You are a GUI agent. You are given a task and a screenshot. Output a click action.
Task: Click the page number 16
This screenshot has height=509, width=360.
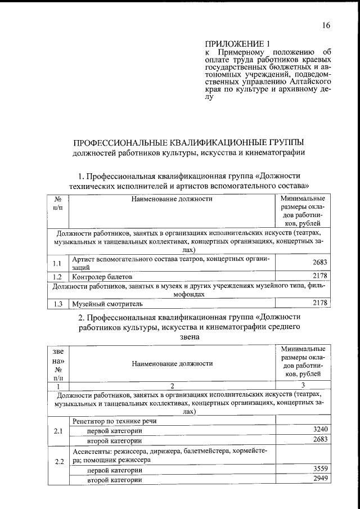[x=326, y=25]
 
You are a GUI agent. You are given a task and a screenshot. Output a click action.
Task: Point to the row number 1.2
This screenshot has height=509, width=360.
[x=57, y=277]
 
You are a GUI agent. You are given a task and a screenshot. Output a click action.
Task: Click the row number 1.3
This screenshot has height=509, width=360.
[x=57, y=304]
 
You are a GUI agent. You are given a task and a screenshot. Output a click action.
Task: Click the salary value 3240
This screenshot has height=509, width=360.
[x=319, y=430]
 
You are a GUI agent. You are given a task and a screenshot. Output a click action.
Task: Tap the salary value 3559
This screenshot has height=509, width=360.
[x=319, y=469]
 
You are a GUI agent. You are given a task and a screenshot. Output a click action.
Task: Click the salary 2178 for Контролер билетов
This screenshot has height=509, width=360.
[x=319, y=276]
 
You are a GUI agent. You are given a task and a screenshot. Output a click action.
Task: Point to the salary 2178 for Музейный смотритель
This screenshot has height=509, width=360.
[x=319, y=303]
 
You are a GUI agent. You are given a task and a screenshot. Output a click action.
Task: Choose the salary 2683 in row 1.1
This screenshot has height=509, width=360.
[x=319, y=263]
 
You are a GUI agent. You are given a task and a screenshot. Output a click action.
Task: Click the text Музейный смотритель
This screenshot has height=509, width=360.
[x=107, y=304]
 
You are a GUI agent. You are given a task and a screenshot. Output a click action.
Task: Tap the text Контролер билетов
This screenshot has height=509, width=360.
[x=102, y=277]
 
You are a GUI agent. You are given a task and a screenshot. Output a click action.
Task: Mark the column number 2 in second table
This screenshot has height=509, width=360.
[x=172, y=386]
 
